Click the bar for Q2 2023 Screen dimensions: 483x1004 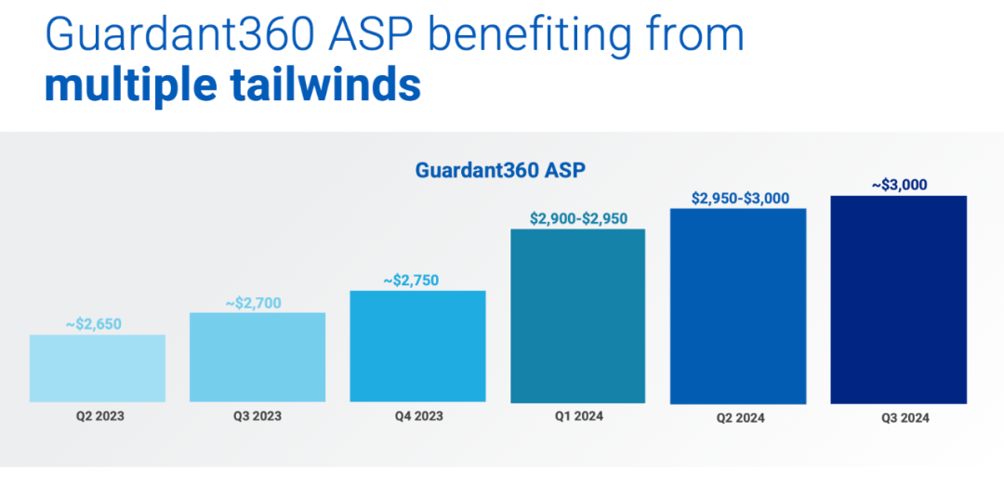click(x=98, y=368)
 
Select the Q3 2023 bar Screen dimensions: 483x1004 click(x=258, y=357)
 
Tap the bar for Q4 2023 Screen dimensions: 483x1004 click(x=417, y=346)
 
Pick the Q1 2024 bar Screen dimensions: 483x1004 click(x=578, y=316)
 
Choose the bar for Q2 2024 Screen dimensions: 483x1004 click(x=738, y=306)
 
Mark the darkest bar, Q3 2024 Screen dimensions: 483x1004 click(x=898, y=299)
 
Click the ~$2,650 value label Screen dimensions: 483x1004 click(x=94, y=324)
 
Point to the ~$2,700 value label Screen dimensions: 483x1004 click(x=253, y=302)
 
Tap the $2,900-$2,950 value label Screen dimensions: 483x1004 click(x=578, y=219)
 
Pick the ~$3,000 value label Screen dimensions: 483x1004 click(x=900, y=185)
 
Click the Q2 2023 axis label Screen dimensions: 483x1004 click(x=99, y=416)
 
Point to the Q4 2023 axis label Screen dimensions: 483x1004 click(x=417, y=416)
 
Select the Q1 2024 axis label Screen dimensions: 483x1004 click(x=577, y=416)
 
